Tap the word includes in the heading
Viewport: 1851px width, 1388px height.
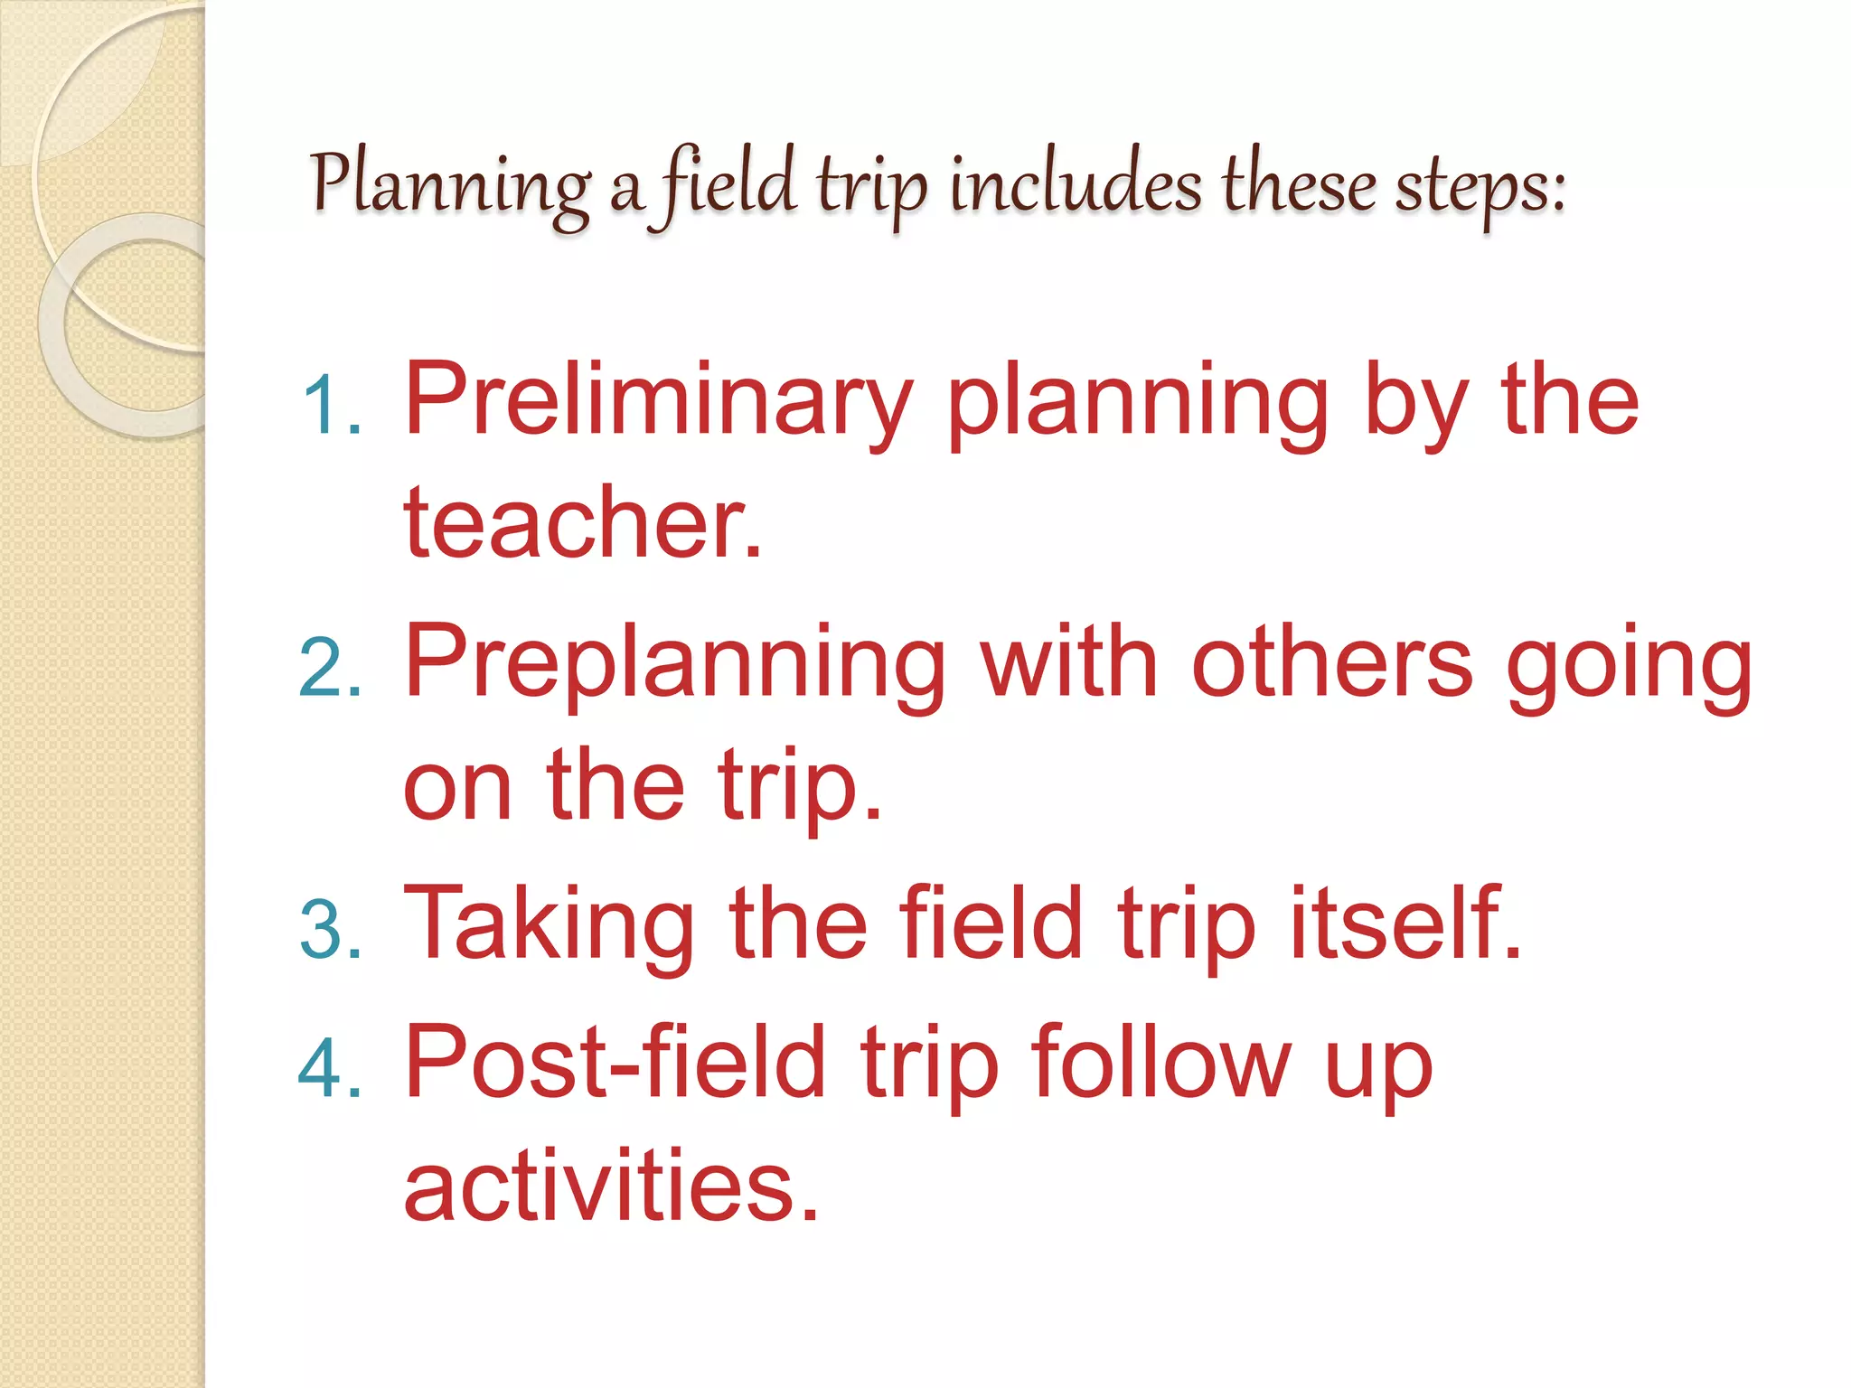(1076, 186)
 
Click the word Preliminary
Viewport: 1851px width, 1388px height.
(658, 402)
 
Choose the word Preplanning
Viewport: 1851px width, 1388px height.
(673, 664)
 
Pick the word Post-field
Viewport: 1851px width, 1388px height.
(615, 1062)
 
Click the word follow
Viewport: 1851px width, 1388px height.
(1161, 1062)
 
